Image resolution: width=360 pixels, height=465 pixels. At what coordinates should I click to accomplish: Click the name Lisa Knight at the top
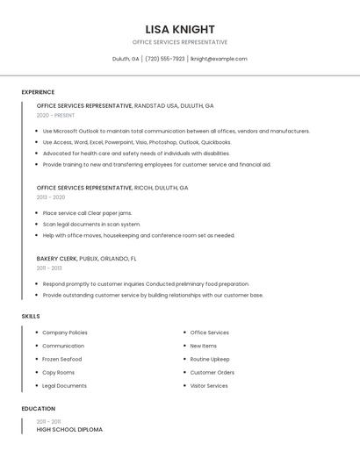(179, 29)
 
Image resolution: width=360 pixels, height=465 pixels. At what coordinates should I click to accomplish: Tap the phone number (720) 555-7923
(165, 59)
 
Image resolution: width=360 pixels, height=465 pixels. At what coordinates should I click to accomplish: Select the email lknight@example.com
(219, 59)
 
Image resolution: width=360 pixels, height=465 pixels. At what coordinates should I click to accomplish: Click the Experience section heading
(38, 92)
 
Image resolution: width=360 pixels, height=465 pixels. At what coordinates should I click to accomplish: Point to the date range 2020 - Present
(56, 115)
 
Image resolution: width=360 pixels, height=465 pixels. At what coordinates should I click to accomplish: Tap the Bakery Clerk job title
(56, 259)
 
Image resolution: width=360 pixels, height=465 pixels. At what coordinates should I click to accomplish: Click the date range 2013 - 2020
(51, 197)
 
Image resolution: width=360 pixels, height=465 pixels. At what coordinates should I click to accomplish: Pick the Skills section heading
(31, 316)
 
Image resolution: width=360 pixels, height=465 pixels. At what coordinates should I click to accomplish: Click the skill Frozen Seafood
(62, 359)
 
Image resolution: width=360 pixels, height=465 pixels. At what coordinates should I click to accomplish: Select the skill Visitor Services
(209, 386)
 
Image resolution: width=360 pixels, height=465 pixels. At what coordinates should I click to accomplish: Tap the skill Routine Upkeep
(210, 359)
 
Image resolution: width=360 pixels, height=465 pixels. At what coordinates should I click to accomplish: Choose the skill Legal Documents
(65, 386)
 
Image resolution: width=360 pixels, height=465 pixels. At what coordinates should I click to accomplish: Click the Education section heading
(38, 409)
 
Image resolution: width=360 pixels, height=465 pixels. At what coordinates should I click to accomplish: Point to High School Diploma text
(69, 430)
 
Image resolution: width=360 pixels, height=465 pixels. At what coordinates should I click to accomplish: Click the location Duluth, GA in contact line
(126, 59)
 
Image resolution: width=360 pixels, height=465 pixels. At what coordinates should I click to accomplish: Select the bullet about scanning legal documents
(91, 224)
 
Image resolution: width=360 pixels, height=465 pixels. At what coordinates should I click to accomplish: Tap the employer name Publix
(89, 259)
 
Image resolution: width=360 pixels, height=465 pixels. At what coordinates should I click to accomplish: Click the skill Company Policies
(65, 333)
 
